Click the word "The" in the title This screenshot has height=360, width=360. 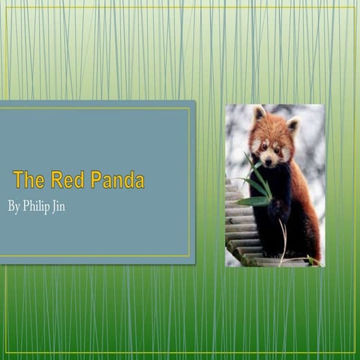(29, 180)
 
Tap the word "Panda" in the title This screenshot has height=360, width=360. (117, 180)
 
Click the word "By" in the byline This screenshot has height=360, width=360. (13, 206)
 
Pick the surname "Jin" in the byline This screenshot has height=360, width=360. (59, 206)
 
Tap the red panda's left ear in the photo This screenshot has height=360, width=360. (259, 114)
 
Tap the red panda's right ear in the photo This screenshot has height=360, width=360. (293, 124)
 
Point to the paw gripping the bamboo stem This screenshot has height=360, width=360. (278, 210)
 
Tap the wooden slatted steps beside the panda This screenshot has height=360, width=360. (238, 232)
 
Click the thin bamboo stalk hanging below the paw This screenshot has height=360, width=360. (283, 240)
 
